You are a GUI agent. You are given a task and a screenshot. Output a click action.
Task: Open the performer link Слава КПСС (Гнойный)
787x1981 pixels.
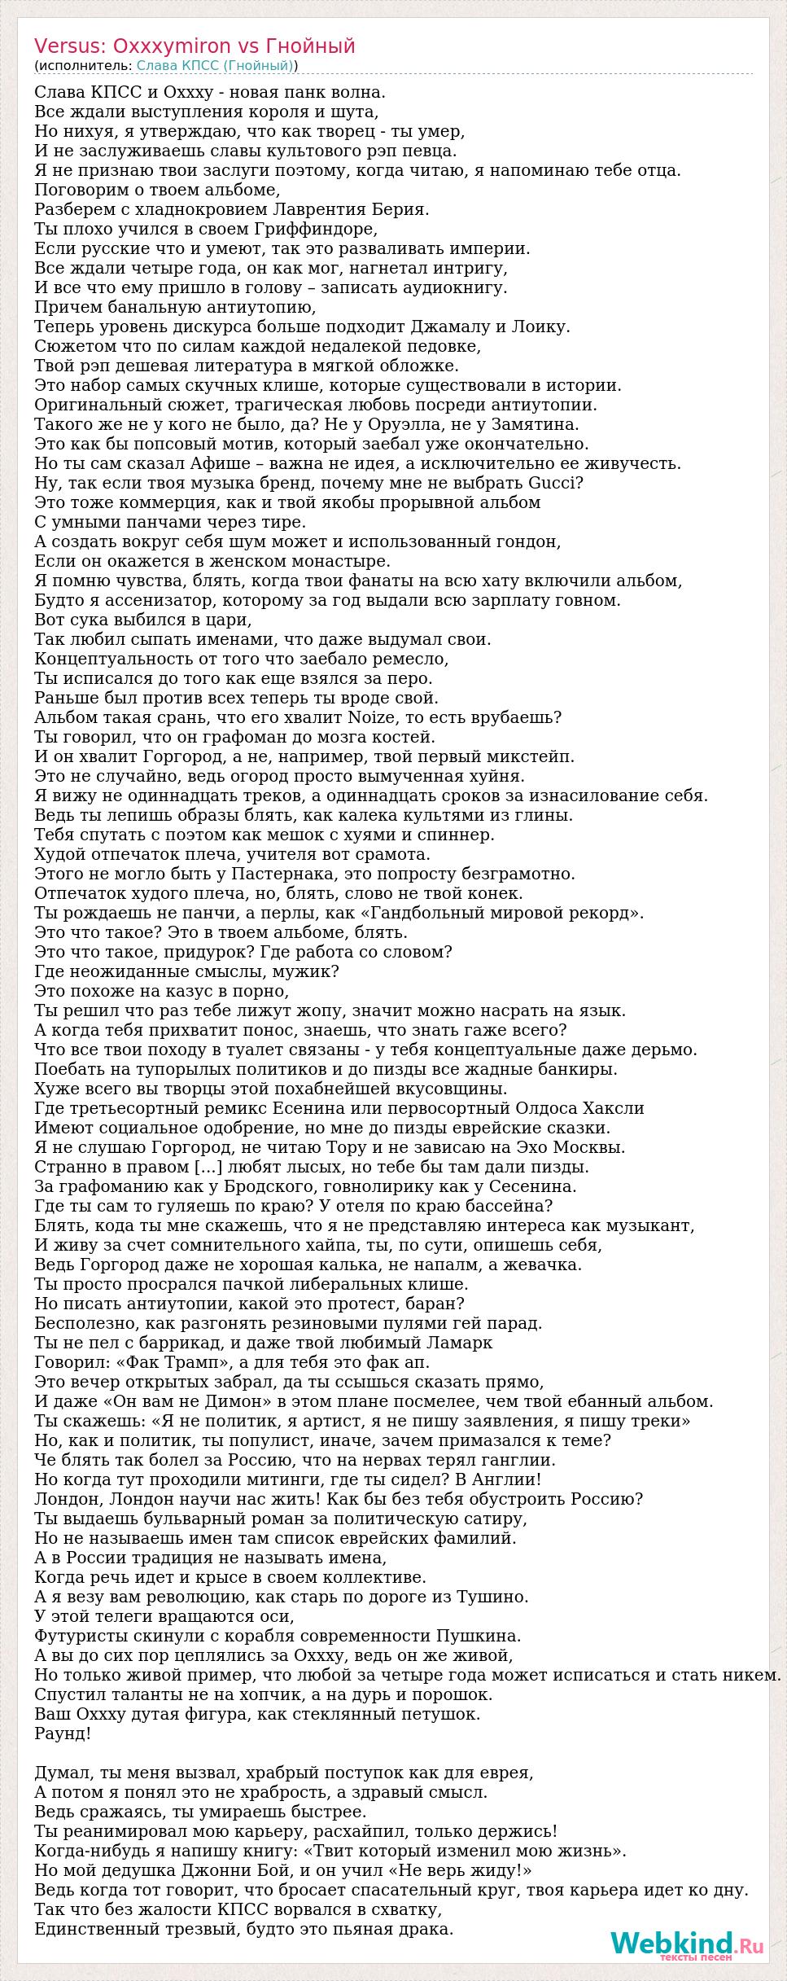point(215,65)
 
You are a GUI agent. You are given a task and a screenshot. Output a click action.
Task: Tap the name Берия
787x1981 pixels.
point(402,209)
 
